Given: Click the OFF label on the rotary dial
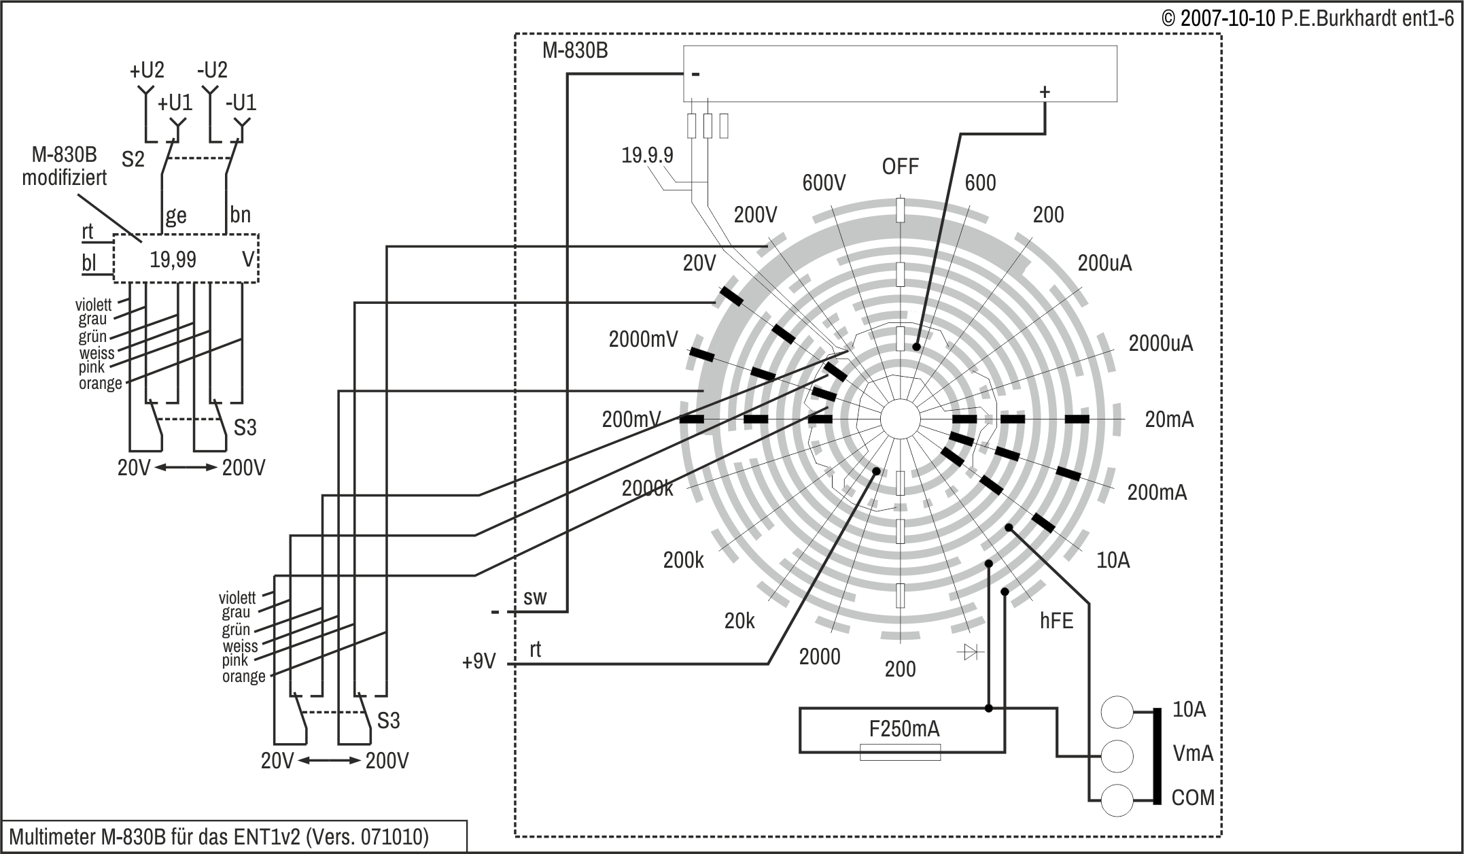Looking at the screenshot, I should click(900, 167).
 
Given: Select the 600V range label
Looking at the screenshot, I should click(824, 183).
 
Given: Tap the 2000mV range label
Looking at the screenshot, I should click(643, 339).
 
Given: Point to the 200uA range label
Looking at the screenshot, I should click(1104, 263).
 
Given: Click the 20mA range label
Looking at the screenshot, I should click(1169, 420).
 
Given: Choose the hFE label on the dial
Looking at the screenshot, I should click(1056, 621).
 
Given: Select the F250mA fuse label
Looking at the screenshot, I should click(904, 730).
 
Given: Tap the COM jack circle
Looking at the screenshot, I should click(1117, 799).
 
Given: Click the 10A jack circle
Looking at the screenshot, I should click(1117, 712).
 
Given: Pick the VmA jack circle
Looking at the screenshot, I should click(1117, 755).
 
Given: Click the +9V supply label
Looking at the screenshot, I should click(479, 662).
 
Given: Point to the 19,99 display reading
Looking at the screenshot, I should click(173, 260).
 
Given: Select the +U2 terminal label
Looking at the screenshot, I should click(147, 70).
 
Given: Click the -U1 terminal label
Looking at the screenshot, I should click(241, 103).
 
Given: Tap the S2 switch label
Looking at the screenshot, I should click(133, 160).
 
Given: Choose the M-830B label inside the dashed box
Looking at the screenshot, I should click(575, 51).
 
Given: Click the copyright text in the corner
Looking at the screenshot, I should click(1307, 18).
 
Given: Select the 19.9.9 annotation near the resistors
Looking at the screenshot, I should click(647, 156).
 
